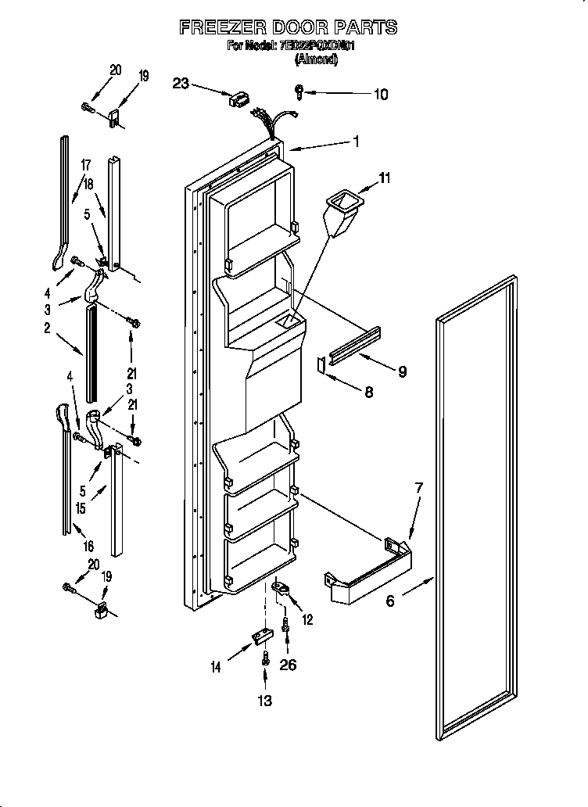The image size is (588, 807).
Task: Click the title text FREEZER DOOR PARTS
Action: click(x=288, y=27)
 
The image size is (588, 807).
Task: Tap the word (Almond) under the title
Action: click(x=315, y=59)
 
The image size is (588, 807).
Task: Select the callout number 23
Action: click(x=181, y=83)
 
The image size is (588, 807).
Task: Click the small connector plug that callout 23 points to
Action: click(x=238, y=99)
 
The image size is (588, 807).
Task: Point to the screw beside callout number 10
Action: click(x=300, y=91)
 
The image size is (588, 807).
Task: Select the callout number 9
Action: click(x=401, y=372)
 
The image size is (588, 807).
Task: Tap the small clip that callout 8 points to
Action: click(x=320, y=364)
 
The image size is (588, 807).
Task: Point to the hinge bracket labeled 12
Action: click(x=281, y=587)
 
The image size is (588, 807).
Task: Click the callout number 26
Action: click(x=289, y=665)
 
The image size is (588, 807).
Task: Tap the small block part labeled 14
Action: click(x=257, y=640)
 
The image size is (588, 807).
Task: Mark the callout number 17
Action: click(x=85, y=165)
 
